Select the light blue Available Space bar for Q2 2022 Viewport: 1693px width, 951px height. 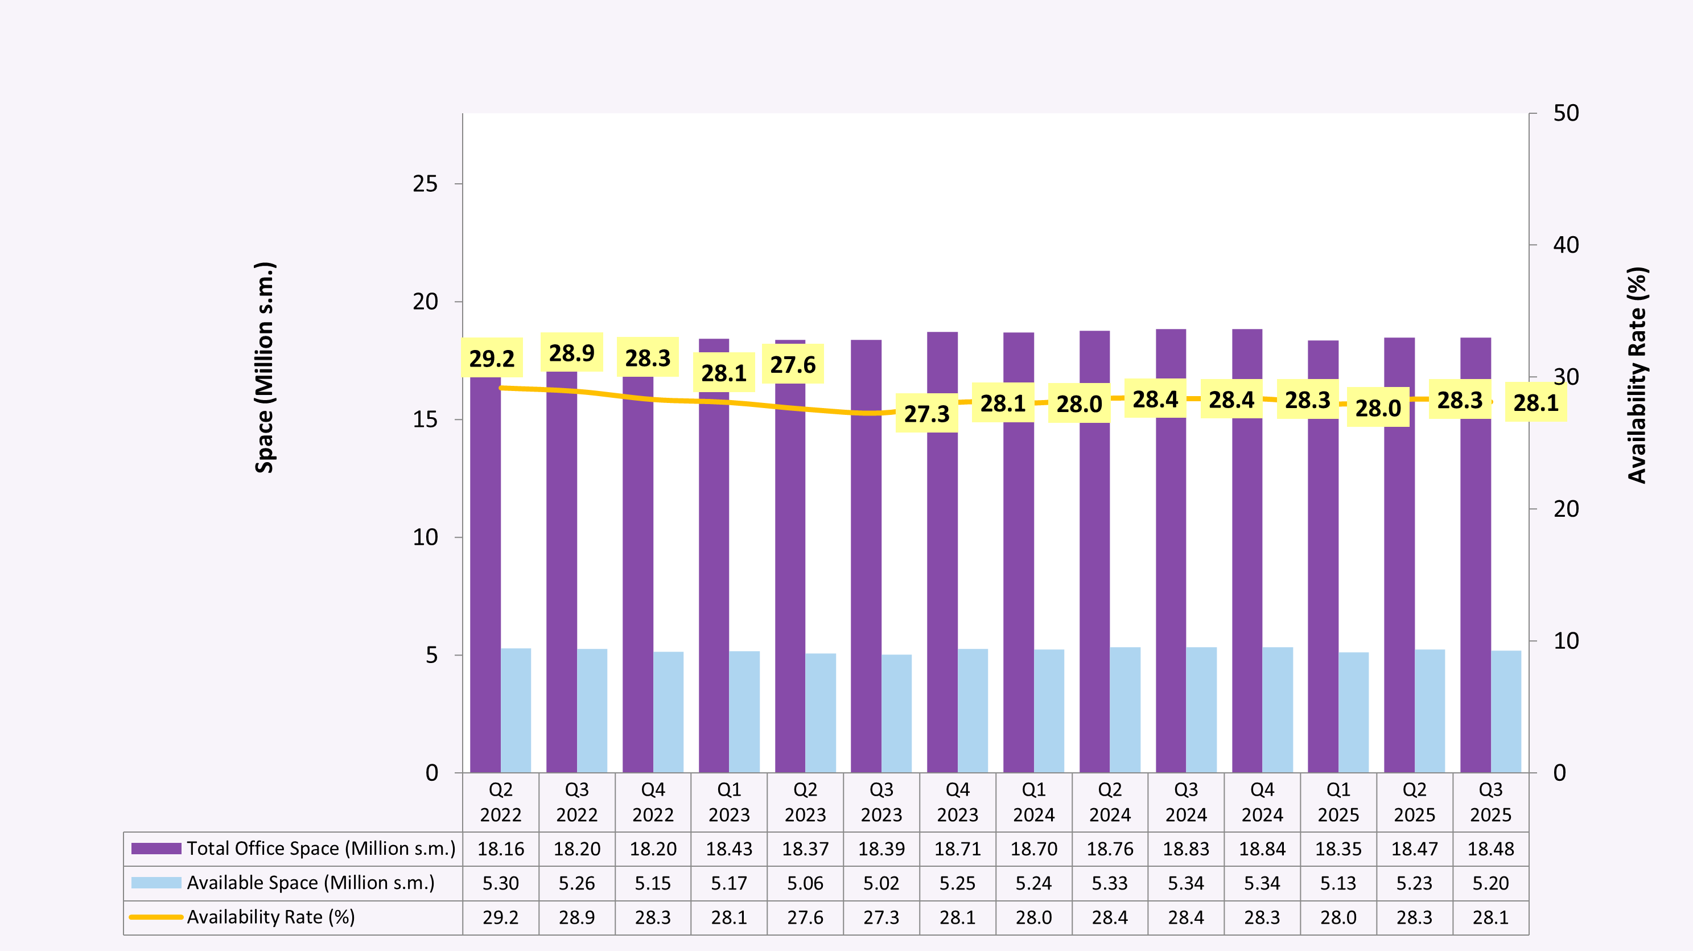[516, 710]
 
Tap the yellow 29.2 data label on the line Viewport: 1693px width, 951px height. [492, 358]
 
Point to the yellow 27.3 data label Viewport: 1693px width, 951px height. [926, 413]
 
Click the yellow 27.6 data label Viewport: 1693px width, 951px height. [793, 364]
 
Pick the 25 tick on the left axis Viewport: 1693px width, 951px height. [425, 184]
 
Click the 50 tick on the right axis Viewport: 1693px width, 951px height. [1566, 113]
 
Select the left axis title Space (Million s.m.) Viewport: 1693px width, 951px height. [264, 368]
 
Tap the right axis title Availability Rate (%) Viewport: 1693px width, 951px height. [1637, 374]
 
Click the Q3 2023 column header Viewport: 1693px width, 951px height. [881, 802]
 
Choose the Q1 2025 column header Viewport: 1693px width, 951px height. [1338, 802]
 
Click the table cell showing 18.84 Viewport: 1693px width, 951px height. [1262, 849]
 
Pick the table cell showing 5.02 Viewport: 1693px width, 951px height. [881, 883]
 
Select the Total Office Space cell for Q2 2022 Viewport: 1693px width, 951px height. [501, 849]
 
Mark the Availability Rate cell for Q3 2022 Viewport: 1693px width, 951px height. [576, 917]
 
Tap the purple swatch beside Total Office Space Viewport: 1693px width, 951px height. [156, 849]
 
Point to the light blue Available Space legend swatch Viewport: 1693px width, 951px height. [156, 883]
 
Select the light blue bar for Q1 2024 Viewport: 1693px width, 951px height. [1049, 710]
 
